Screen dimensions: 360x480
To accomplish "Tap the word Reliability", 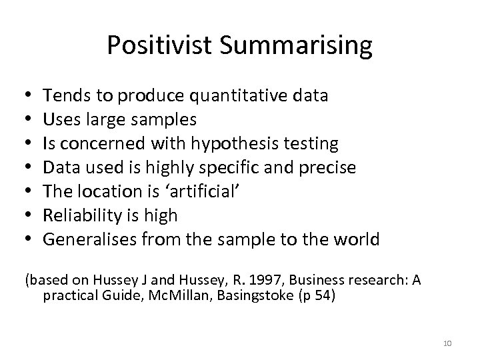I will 81,215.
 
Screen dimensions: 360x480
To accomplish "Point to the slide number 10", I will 447,343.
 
